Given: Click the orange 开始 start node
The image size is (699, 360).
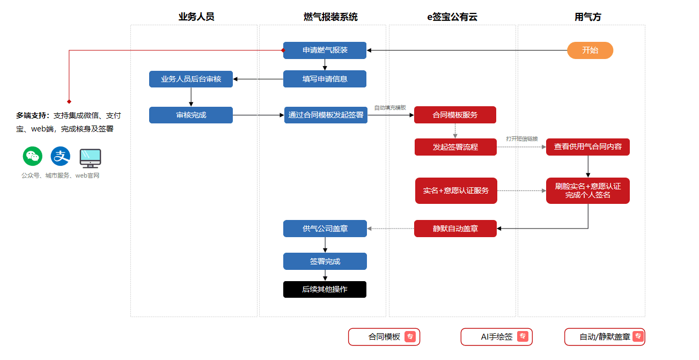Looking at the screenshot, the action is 590,50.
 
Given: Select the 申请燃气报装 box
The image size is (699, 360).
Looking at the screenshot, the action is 325,50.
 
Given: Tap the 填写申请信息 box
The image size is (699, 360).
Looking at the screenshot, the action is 325,79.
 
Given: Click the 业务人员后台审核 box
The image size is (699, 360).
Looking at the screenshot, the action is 191,79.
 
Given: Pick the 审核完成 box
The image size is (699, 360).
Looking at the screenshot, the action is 191,115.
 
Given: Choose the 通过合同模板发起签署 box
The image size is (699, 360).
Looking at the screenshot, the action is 326,115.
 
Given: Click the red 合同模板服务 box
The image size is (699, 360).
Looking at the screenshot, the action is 455,115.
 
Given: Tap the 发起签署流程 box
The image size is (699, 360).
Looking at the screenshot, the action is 455,147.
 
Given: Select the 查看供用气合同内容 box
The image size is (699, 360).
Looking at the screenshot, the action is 588,147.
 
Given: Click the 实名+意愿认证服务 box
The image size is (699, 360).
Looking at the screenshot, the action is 456,190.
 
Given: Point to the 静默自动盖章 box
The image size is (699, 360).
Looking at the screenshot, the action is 455,229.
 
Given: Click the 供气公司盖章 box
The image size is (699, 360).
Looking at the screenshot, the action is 325,229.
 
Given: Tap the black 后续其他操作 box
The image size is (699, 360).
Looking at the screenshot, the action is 325,290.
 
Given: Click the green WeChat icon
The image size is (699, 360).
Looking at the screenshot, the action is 32,156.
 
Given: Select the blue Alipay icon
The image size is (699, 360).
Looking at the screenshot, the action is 60,156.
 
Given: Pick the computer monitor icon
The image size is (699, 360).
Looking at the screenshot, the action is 90,158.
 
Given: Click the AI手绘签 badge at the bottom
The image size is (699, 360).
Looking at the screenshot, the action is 496,337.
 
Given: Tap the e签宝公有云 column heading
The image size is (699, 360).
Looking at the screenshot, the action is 452,17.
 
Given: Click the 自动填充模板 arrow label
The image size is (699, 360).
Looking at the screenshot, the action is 390,108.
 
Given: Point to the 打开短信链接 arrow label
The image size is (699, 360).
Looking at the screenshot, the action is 522,139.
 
